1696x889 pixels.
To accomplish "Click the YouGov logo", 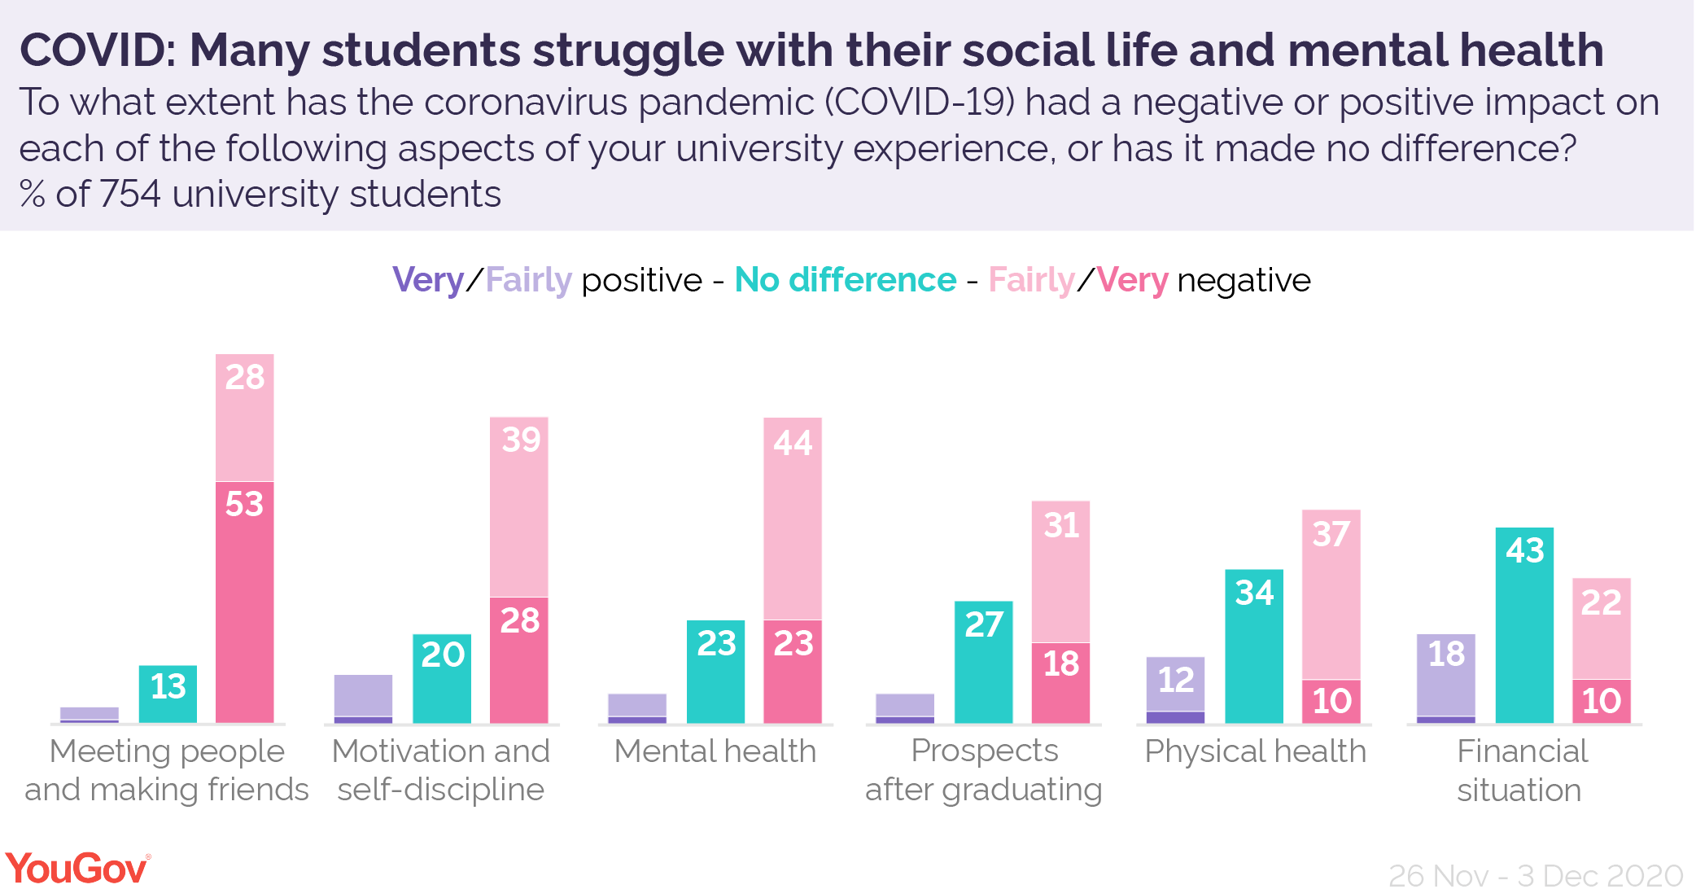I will point(77,868).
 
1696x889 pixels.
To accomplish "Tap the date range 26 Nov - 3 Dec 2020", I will point(1535,875).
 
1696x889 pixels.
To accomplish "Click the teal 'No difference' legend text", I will point(845,280).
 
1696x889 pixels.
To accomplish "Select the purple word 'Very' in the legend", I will point(427,280).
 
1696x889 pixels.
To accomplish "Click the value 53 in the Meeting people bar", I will point(244,504).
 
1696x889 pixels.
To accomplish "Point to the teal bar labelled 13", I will point(168,694).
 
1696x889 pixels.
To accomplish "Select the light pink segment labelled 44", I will point(792,519).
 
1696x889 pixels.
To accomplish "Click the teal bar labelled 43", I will point(1524,625).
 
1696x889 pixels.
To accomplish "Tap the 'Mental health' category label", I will point(715,751).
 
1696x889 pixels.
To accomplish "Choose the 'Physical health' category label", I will point(1255,751).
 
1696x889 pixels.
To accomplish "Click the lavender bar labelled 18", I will point(1445,675).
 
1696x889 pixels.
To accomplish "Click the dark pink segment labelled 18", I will point(1060,682).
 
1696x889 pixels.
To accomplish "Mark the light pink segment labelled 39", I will point(519,506).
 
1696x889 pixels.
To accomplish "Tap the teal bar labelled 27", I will point(983,662).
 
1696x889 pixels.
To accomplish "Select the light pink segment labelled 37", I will point(1331,594).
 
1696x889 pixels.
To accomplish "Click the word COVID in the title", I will point(96,50).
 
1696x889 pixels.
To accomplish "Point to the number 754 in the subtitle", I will point(130,195).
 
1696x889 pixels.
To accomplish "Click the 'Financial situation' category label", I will point(1520,770).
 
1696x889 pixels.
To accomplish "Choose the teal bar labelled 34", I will point(1253,646).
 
